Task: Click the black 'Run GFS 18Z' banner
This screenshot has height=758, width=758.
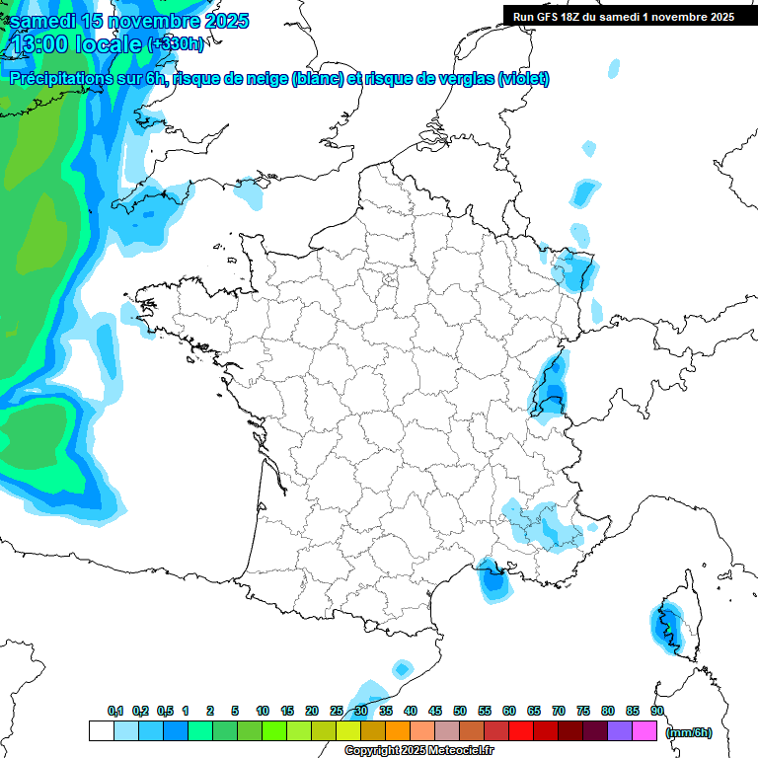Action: click(623, 16)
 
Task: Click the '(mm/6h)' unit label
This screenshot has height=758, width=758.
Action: click(689, 732)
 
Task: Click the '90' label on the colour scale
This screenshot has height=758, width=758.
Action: click(657, 711)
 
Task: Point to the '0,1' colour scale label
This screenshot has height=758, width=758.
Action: click(115, 711)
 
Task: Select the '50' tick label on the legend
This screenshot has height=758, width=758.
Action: click(460, 711)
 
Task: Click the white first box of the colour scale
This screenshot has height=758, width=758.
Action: click(101, 730)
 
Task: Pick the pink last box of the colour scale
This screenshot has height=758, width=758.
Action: click(644, 730)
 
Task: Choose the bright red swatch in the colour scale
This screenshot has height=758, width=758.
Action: click(521, 730)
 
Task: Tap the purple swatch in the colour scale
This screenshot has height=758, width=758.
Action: click(620, 730)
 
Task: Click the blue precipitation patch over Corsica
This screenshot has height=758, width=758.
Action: click(666, 624)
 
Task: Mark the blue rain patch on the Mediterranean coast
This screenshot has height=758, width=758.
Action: click(493, 579)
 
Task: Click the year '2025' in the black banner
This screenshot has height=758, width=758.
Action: click(716, 16)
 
